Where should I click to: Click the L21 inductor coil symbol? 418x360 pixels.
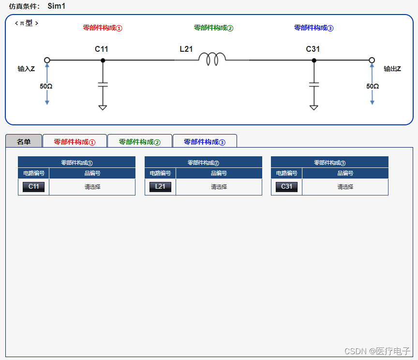click(x=212, y=59)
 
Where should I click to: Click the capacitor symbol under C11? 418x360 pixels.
click(x=103, y=84)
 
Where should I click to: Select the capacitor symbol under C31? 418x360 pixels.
click(x=314, y=84)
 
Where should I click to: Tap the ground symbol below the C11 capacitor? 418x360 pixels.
click(x=103, y=107)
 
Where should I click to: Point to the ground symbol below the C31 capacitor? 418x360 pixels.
click(x=314, y=107)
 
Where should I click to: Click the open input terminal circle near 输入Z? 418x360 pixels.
click(x=47, y=60)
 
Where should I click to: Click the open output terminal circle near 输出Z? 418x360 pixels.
click(x=372, y=60)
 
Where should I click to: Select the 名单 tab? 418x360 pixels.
click(x=24, y=142)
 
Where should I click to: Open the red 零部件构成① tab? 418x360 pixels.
click(x=75, y=142)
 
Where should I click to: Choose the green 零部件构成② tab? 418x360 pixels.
click(x=139, y=142)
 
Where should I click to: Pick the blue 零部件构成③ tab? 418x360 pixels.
click(x=205, y=142)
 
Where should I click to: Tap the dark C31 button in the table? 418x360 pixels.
click(x=286, y=187)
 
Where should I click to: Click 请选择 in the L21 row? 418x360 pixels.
click(x=219, y=187)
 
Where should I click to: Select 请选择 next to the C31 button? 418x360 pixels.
click(x=345, y=187)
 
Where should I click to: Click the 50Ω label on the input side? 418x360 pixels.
click(x=46, y=86)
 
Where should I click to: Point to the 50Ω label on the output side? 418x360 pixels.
click(x=373, y=86)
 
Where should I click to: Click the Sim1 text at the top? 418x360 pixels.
click(x=57, y=6)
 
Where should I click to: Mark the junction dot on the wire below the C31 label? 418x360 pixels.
click(x=314, y=60)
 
